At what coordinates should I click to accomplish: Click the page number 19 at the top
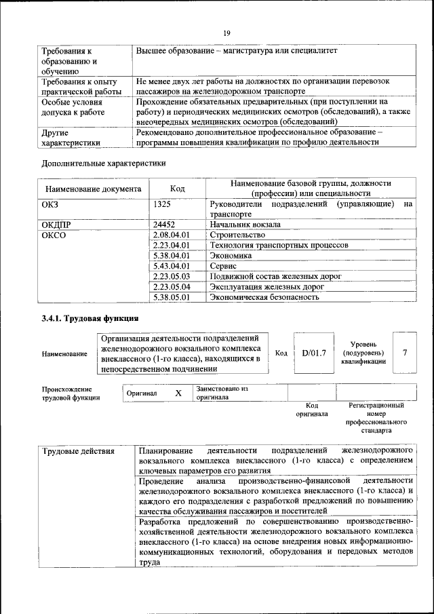click(227, 31)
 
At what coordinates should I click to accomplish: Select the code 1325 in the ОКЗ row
click(162, 203)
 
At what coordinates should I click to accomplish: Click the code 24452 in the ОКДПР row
click(165, 223)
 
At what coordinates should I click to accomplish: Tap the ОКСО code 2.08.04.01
click(170, 234)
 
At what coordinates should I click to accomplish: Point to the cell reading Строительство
click(237, 234)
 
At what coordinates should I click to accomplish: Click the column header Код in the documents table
click(177, 189)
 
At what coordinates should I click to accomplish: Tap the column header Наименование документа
click(94, 189)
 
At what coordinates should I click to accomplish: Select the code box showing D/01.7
click(314, 353)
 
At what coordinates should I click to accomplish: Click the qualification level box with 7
click(405, 353)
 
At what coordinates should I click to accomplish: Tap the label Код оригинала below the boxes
click(312, 409)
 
